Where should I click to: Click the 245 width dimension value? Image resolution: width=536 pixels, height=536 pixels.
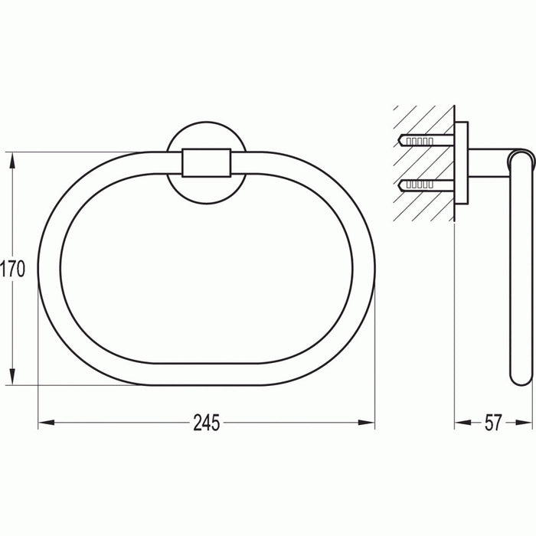point(207,422)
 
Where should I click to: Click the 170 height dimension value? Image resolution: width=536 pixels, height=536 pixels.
point(13,269)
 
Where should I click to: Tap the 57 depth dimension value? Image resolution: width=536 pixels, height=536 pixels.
point(493,422)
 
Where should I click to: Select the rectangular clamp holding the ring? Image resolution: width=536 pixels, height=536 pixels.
point(207,162)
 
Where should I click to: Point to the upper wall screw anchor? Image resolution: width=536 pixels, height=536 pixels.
point(423,141)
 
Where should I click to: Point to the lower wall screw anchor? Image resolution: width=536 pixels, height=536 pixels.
point(423,184)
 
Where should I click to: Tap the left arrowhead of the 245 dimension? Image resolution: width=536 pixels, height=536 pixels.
point(44,422)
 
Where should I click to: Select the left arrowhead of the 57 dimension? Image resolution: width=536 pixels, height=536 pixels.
point(460,422)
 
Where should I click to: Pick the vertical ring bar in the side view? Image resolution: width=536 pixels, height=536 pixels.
point(519,268)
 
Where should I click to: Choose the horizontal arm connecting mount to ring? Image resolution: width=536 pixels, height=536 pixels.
point(490,162)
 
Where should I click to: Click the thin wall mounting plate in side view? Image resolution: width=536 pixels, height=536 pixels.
point(462,162)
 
